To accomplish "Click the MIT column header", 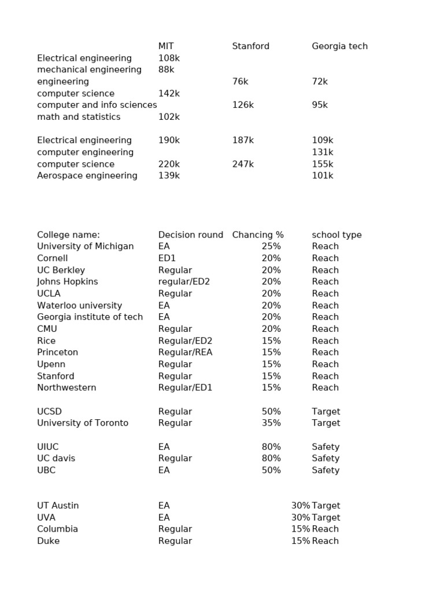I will pyautogui.click(x=166, y=46).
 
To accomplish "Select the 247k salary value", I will pyautogui.click(x=243, y=164).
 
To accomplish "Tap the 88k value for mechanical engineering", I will pyautogui.click(x=166, y=69).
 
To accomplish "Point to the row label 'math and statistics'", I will pyautogui.click(x=79, y=117).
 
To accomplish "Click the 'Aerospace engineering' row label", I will pyautogui.click(x=87, y=175).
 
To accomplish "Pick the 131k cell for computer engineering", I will pyautogui.click(x=323, y=152).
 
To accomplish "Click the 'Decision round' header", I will pyautogui.click(x=191, y=235).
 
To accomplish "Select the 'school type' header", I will pyautogui.click(x=336, y=235).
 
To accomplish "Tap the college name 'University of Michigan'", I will pyautogui.click(x=85, y=246).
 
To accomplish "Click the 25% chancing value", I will pyautogui.click(x=271, y=246).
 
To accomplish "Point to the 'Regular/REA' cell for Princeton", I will pyautogui.click(x=185, y=352).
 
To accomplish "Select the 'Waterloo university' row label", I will pyautogui.click(x=79, y=305).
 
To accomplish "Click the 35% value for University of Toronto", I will pyautogui.click(x=271, y=423).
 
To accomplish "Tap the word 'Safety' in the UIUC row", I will pyautogui.click(x=325, y=446).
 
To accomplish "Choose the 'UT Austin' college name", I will pyautogui.click(x=58, y=506).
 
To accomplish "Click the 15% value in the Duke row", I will pyautogui.click(x=301, y=541).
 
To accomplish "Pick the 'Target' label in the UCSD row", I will pyautogui.click(x=326, y=411).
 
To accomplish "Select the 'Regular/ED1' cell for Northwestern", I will pyautogui.click(x=185, y=387).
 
